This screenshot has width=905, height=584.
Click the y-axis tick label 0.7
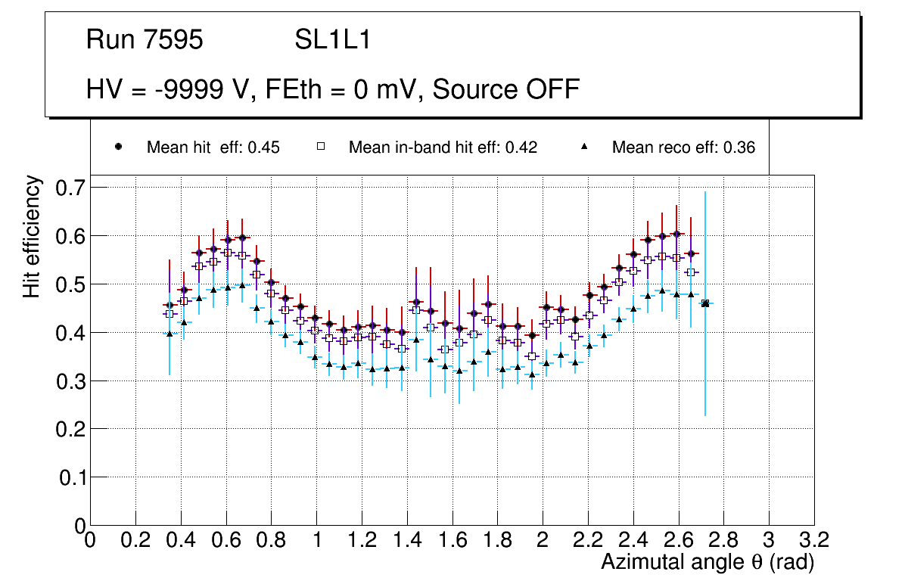pyautogui.click(x=68, y=187)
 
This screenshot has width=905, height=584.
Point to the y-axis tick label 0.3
pyautogui.click(x=68, y=381)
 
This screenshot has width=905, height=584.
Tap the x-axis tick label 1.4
pyautogui.click(x=406, y=540)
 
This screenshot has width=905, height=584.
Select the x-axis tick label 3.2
pyautogui.click(x=813, y=540)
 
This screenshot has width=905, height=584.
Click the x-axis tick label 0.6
pyautogui.click(x=225, y=540)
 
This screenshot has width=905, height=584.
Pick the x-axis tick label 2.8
pyautogui.click(x=723, y=540)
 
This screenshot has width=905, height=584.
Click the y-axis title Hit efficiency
pyautogui.click(x=32, y=236)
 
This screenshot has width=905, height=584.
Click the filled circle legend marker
pyautogui.click(x=119, y=147)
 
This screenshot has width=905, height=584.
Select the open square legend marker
pyautogui.click(x=320, y=147)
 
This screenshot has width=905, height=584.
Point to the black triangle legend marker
pyautogui.click(x=584, y=147)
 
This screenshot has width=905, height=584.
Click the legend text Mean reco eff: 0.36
pyautogui.click(x=683, y=148)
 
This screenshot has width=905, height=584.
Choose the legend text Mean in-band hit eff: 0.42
pyautogui.click(x=443, y=148)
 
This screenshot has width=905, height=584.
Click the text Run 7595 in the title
pyautogui.click(x=145, y=40)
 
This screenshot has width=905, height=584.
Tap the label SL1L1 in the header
pyautogui.click(x=333, y=40)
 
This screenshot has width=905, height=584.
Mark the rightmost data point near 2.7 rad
pyautogui.click(x=705, y=303)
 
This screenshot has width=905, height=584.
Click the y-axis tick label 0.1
pyautogui.click(x=68, y=477)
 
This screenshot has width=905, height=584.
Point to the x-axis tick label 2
pyautogui.click(x=543, y=540)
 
